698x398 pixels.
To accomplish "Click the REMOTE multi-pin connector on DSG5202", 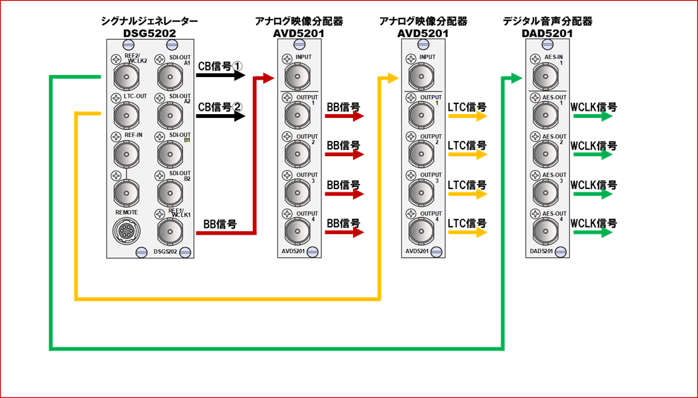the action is (x=127, y=231).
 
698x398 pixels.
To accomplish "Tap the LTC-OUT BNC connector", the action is (x=127, y=116).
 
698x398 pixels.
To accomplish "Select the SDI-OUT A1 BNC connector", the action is (x=170, y=76).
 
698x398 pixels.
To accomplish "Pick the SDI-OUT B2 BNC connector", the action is (x=170, y=192).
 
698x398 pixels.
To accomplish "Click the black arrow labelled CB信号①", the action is (x=221, y=75).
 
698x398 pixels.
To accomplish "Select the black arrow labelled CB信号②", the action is (x=221, y=117).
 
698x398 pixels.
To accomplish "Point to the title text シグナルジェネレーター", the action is (x=149, y=21).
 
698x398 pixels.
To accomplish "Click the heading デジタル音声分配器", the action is (x=548, y=21).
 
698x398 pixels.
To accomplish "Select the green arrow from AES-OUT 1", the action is (x=593, y=116).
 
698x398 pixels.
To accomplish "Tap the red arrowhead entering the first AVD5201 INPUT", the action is (x=269, y=78).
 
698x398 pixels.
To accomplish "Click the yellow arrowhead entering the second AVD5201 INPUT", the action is (x=392, y=78).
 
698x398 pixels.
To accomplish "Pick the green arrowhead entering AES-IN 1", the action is (x=516, y=78).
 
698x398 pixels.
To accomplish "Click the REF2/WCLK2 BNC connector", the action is (x=127, y=76).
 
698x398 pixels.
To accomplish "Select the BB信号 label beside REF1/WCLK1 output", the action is (x=220, y=224).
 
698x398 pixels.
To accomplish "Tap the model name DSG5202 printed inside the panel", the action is (x=165, y=252).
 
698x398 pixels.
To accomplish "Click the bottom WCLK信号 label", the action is (x=594, y=223).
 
